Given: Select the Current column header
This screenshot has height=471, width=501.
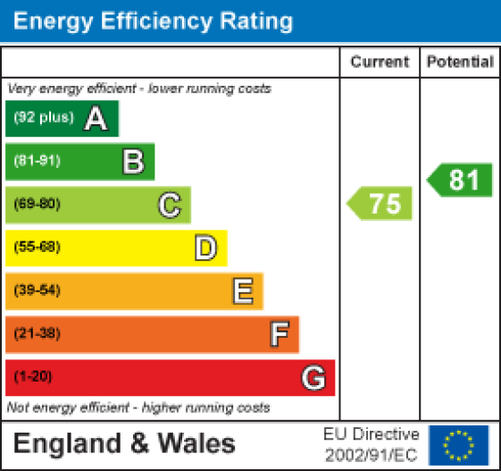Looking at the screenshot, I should point(380,63).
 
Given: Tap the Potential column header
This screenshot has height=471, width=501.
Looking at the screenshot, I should point(460,63).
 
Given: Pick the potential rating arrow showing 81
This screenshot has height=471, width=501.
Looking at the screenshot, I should point(461,181).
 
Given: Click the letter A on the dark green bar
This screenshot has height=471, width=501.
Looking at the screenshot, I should point(96,119).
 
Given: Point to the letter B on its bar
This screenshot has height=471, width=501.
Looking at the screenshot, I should point(133,162).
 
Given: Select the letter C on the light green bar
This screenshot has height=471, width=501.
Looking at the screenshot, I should point(170,205).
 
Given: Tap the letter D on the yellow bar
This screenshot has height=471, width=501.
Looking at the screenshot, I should point(205,248).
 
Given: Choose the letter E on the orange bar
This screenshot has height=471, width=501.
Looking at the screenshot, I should point(242,290).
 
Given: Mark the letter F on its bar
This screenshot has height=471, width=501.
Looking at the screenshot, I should point(279,334).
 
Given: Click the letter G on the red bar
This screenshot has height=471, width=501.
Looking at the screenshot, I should point(313,378).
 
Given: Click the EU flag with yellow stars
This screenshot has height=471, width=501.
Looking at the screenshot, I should point(459,444).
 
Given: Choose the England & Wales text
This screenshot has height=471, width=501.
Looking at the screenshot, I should point(124,443).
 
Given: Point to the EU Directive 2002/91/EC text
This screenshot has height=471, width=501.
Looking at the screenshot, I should point(371,444).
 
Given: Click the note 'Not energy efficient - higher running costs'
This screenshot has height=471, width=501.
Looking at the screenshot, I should point(138,408).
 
